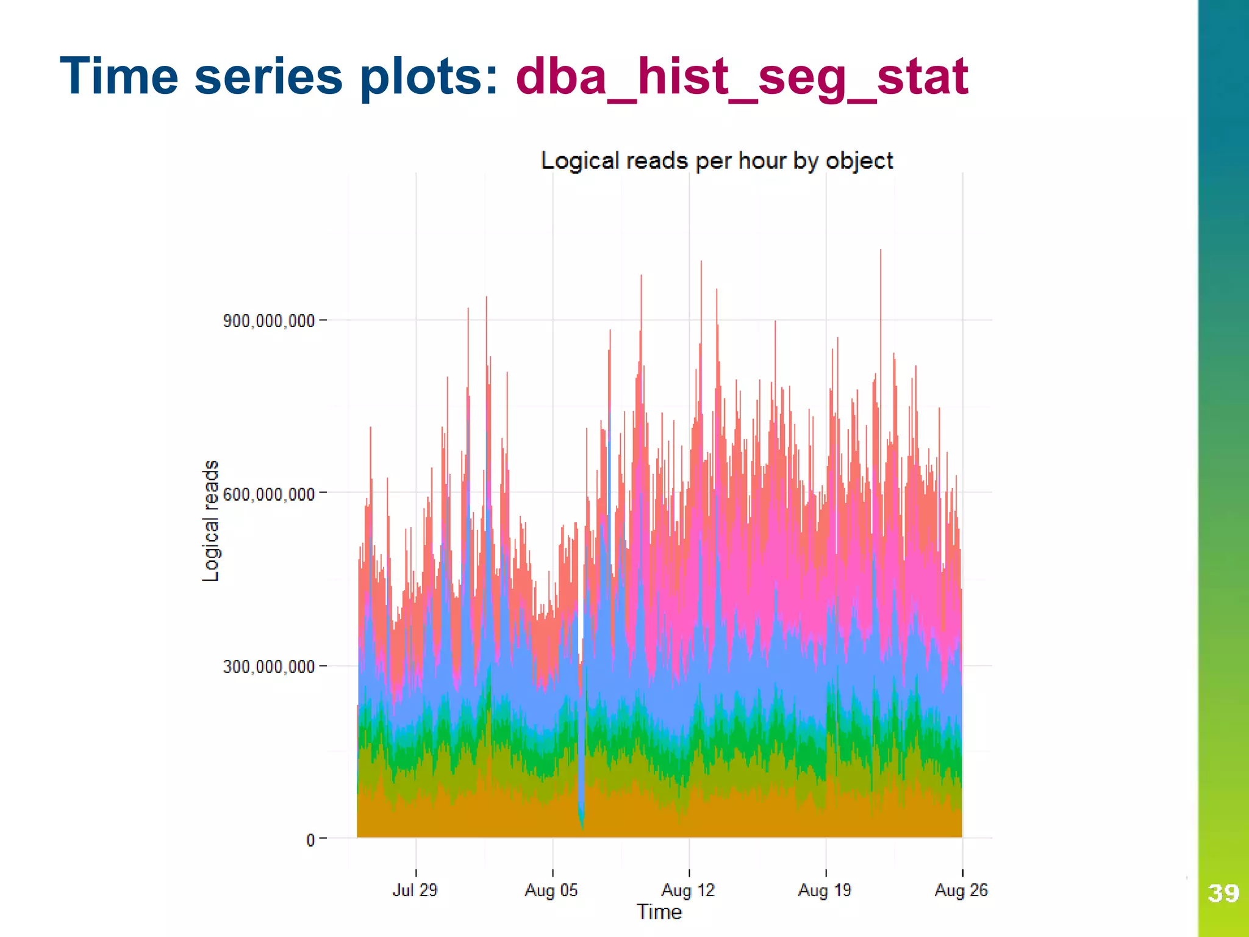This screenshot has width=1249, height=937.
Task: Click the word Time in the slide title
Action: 120,76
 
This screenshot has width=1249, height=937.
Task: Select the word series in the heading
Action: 268,76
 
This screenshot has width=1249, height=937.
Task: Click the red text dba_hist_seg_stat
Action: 742,77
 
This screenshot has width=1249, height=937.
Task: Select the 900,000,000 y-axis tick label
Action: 268,320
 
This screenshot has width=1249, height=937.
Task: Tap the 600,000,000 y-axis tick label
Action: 268,493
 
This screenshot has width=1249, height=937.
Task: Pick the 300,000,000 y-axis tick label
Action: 268,666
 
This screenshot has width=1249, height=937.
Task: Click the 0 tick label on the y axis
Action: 310,840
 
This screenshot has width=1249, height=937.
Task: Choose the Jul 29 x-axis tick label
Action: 415,890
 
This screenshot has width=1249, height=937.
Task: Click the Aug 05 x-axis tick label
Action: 551,890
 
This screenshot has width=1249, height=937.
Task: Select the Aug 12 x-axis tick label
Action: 687,890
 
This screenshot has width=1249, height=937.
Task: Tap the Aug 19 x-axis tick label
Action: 824,890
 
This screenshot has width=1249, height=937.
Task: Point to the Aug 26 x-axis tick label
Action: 961,890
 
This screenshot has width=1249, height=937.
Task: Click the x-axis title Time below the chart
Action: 659,912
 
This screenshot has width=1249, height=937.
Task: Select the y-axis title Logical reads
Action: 210,520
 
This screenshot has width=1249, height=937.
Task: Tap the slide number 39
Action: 1223,893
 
